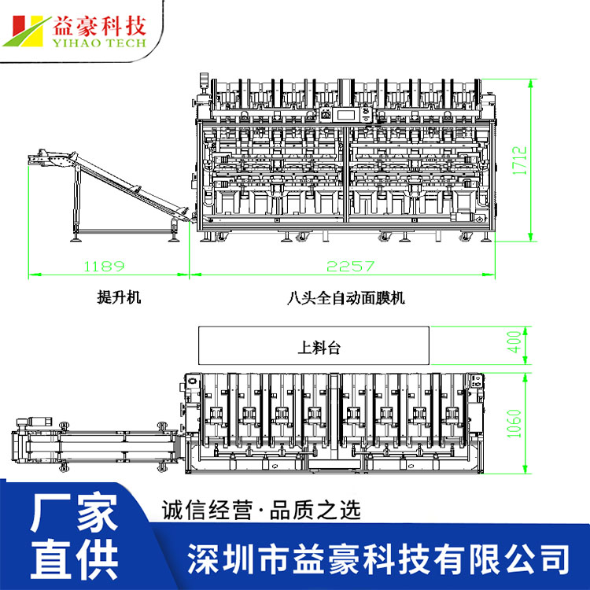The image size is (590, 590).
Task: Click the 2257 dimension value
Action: coord(350,267)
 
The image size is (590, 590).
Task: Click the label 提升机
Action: coord(118,297)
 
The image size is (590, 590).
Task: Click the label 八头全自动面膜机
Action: coord(346,297)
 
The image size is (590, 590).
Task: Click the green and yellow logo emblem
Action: coord(27,31)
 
